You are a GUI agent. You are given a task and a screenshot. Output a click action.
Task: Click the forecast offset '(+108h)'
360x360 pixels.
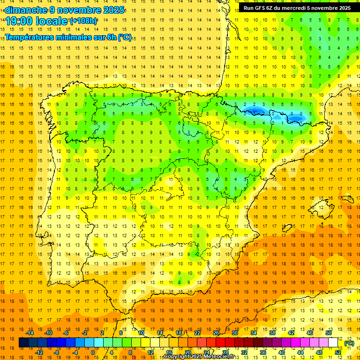point(83,21)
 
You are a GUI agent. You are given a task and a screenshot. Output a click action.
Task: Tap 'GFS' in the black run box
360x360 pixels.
point(261,8)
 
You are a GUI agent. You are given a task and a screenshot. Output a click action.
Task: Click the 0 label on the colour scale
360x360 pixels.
point(92,352)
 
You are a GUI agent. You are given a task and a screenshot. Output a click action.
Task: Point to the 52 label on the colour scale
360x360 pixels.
point(338,352)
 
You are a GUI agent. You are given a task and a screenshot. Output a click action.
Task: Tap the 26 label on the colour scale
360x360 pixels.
point(216,333)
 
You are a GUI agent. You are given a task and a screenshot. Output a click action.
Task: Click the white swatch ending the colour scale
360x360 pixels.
point(333,343)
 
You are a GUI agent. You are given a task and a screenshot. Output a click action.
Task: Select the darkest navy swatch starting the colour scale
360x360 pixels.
point(23,343)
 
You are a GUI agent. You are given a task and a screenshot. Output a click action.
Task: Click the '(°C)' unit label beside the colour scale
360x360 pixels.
point(349,343)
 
